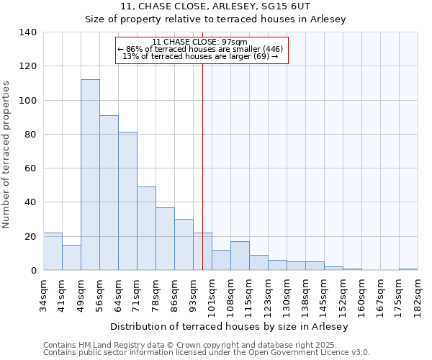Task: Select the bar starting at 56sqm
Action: (x=109, y=193)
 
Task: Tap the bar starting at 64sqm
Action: (x=127, y=201)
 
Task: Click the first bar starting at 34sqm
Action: (x=53, y=251)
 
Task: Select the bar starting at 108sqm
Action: (x=240, y=256)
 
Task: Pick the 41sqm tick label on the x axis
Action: (x=63, y=292)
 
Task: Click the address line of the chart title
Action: (x=216, y=6)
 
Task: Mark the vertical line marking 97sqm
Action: (x=202, y=166)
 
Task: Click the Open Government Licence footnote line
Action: (x=207, y=352)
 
